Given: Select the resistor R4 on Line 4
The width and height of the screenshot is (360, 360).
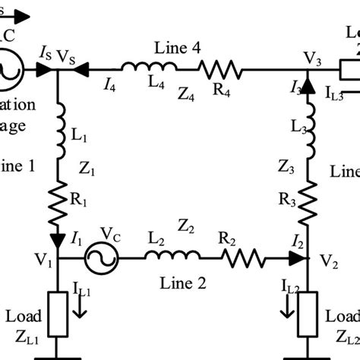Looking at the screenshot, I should click(x=220, y=71).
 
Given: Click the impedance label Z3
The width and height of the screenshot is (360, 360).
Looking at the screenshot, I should click(x=286, y=165).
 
